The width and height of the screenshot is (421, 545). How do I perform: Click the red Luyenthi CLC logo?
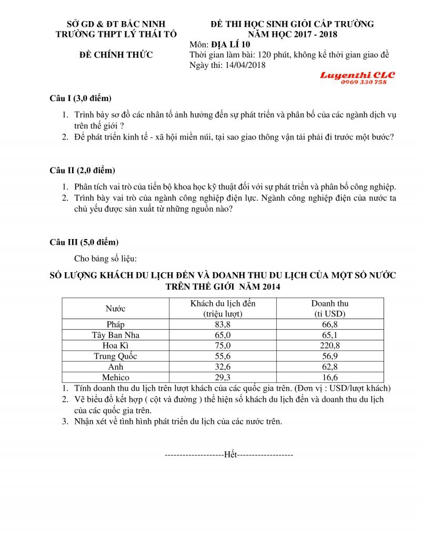[357, 75]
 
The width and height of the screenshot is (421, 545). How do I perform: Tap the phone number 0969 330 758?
[364, 82]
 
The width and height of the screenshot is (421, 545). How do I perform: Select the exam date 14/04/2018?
[245, 65]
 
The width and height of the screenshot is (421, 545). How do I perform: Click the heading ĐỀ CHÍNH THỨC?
[116, 55]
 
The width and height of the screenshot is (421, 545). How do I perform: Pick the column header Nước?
[115, 309]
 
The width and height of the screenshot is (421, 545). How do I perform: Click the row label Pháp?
[115, 324]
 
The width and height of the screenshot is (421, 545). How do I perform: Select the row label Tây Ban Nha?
[115, 335]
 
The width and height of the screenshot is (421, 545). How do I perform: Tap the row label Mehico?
[115, 377]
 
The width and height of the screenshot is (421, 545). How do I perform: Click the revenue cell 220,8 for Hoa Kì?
[329, 345]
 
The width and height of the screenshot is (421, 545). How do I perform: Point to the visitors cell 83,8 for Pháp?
[221, 324]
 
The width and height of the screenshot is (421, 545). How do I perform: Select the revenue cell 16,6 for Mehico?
[329, 377]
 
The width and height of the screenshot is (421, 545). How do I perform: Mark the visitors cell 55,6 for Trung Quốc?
[221, 356]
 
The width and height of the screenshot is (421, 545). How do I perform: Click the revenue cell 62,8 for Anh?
[329, 366]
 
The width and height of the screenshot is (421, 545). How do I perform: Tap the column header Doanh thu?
[329, 304]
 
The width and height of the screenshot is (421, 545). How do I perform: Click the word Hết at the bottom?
[230, 454]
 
